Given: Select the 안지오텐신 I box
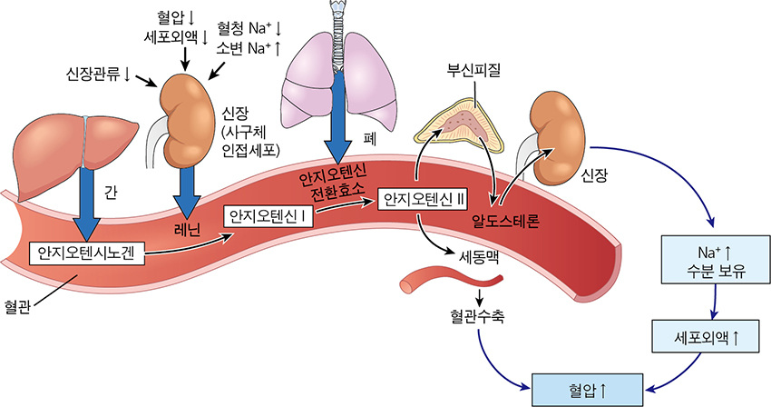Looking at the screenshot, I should point(271,216).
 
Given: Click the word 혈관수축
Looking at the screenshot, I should point(477,319).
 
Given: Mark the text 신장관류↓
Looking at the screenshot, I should point(97,71).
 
